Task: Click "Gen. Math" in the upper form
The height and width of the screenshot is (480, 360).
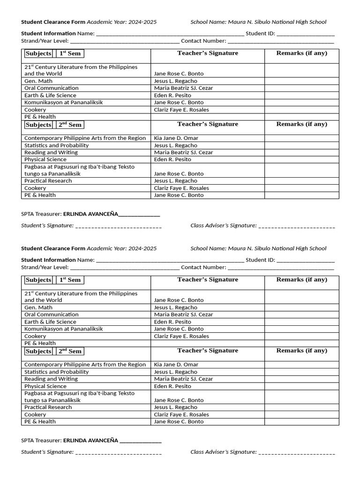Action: tap(38, 81)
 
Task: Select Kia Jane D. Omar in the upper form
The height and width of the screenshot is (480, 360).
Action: tap(176, 138)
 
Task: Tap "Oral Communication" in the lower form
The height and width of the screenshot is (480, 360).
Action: tap(52, 315)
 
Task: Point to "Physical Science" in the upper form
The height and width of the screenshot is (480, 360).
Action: tap(45, 159)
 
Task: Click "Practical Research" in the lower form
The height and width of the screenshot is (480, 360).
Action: tap(48, 407)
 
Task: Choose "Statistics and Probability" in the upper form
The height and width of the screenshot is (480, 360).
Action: tap(56, 145)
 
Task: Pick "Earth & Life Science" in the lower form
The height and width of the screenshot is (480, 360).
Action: tap(50, 322)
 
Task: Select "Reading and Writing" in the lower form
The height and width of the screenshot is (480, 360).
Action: tap(51, 379)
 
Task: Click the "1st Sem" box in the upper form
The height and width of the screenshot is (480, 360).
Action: tap(70, 53)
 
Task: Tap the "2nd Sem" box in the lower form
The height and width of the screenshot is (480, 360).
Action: tap(70, 351)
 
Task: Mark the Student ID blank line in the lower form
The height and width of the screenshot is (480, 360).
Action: tap(305, 260)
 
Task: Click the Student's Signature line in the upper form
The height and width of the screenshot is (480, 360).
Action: tap(118, 226)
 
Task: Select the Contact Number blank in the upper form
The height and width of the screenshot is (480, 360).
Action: tap(281, 41)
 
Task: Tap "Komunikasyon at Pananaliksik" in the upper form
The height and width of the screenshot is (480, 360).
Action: tap(63, 102)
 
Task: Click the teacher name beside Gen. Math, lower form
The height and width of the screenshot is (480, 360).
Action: tap(176, 307)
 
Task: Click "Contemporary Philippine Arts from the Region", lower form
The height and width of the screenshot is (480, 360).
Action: tap(85, 364)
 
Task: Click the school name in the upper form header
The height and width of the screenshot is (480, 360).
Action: tap(277, 22)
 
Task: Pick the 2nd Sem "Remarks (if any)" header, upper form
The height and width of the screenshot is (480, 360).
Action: tap(301, 124)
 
